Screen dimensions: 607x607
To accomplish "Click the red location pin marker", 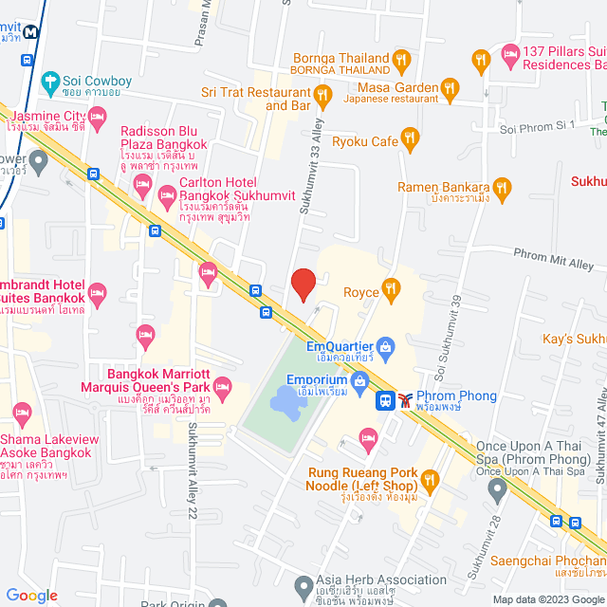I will (303, 285).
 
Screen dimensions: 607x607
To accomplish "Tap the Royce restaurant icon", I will (390, 287).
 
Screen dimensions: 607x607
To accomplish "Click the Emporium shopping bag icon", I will (359, 381).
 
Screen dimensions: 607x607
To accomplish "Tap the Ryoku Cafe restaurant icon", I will (410, 139).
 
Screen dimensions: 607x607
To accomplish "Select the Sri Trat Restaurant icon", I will (322, 94).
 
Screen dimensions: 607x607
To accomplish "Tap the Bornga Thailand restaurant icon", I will (402, 59).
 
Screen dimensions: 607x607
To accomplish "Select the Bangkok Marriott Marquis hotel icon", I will (223, 385).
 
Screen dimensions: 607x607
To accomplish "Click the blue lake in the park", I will (285, 400).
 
